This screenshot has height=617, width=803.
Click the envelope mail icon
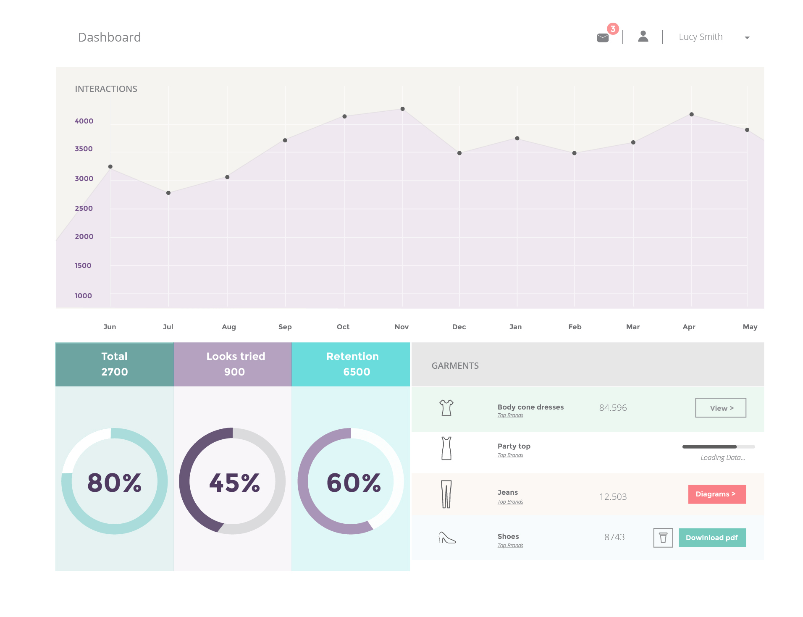(602, 38)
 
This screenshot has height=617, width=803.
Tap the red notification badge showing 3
(613, 29)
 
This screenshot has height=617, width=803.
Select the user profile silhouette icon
(643, 37)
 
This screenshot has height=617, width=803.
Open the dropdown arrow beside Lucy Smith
(747, 38)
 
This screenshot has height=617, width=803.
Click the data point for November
(402, 109)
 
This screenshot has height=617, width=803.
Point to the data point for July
(168, 193)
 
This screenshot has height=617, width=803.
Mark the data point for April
(691, 114)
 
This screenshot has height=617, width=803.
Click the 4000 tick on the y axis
(84, 121)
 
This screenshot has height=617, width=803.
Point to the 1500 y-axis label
(83, 265)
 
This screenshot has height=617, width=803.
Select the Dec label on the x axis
(459, 327)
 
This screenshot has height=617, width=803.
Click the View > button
(721, 408)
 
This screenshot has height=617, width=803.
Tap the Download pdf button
(712, 538)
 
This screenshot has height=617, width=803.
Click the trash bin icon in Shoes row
(663, 538)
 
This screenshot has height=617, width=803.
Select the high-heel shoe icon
(447, 538)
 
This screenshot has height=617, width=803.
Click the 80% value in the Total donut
(114, 482)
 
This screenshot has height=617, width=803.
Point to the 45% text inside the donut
(234, 482)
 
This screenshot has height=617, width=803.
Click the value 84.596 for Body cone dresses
(613, 408)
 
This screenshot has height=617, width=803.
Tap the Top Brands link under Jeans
(510, 501)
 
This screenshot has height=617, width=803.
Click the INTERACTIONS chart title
(106, 89)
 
